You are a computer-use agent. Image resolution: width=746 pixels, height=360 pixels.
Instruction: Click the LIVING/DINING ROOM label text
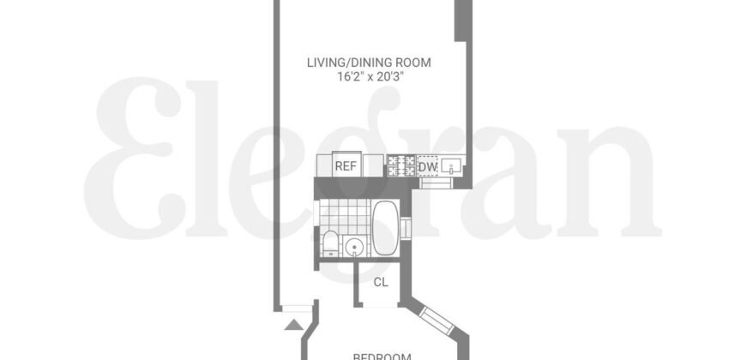coord(369,63)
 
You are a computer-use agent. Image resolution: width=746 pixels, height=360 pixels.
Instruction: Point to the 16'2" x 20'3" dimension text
coord(369,77)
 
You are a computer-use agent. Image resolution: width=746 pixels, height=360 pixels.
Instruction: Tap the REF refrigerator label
coord(346,165)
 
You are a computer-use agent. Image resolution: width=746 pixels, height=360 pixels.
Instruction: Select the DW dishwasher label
coord(427,165)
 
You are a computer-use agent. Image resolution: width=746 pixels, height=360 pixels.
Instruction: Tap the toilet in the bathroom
coord(331,243)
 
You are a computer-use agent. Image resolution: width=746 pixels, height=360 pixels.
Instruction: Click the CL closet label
coord(382,281)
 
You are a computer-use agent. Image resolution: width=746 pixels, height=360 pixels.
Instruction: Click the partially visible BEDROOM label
coord(382,356)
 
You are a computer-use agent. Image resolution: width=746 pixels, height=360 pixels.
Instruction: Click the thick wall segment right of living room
coord(463,21)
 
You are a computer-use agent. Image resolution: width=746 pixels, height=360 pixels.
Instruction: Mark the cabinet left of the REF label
coord(324,165)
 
